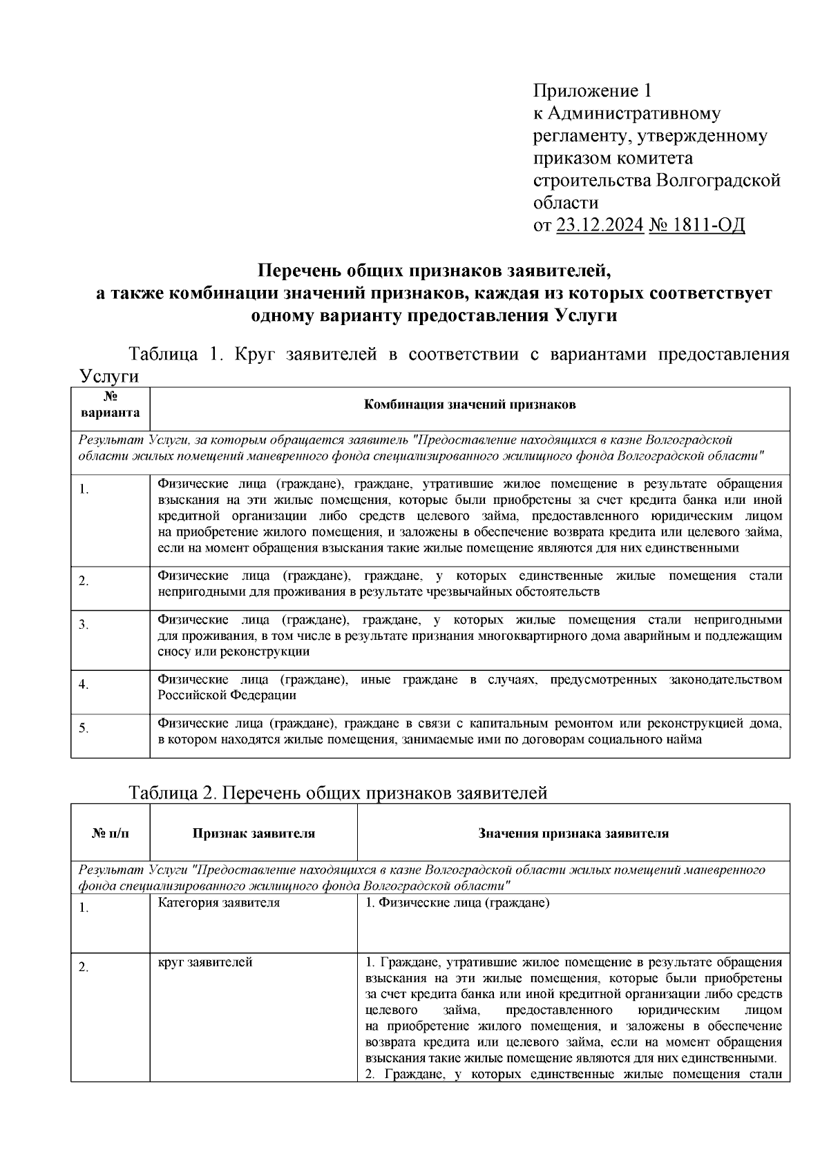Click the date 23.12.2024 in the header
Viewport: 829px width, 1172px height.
599,225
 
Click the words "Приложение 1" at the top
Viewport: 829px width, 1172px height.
592,90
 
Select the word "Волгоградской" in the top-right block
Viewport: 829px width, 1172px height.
718,180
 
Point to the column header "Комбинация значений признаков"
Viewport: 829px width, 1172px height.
470,405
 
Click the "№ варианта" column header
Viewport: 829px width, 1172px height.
111,405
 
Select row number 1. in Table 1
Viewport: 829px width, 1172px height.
84,489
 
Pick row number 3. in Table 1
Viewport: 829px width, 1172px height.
84,625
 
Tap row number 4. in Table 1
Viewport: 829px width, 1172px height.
84,685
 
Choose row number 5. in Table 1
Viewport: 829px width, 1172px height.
84,728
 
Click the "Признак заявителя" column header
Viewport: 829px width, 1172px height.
254,833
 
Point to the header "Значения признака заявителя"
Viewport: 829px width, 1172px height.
573,833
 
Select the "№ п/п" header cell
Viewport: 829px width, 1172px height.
111,833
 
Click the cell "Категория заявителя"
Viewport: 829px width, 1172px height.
219,903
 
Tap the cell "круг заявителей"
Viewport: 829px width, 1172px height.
205,962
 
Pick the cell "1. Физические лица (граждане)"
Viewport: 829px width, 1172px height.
457,903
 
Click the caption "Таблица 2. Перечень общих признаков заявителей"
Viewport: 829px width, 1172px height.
338,793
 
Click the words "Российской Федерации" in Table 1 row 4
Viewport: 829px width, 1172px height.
227,695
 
